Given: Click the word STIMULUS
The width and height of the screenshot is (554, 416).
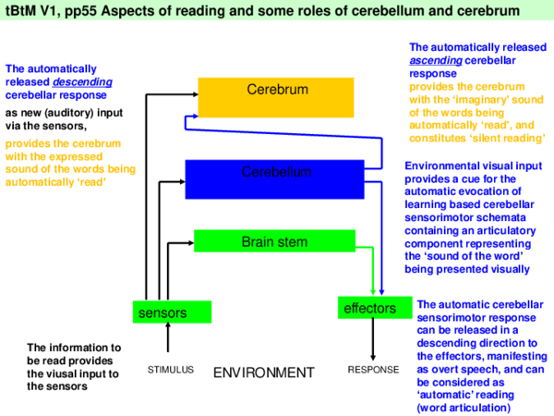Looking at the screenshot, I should (x=171, y=370).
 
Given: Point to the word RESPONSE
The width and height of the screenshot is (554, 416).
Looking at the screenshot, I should (x=373, y=370).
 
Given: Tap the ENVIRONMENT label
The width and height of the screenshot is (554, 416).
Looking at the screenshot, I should (x=264, y=373).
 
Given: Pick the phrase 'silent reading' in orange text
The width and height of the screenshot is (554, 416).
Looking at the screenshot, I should (x=506, y=137).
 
